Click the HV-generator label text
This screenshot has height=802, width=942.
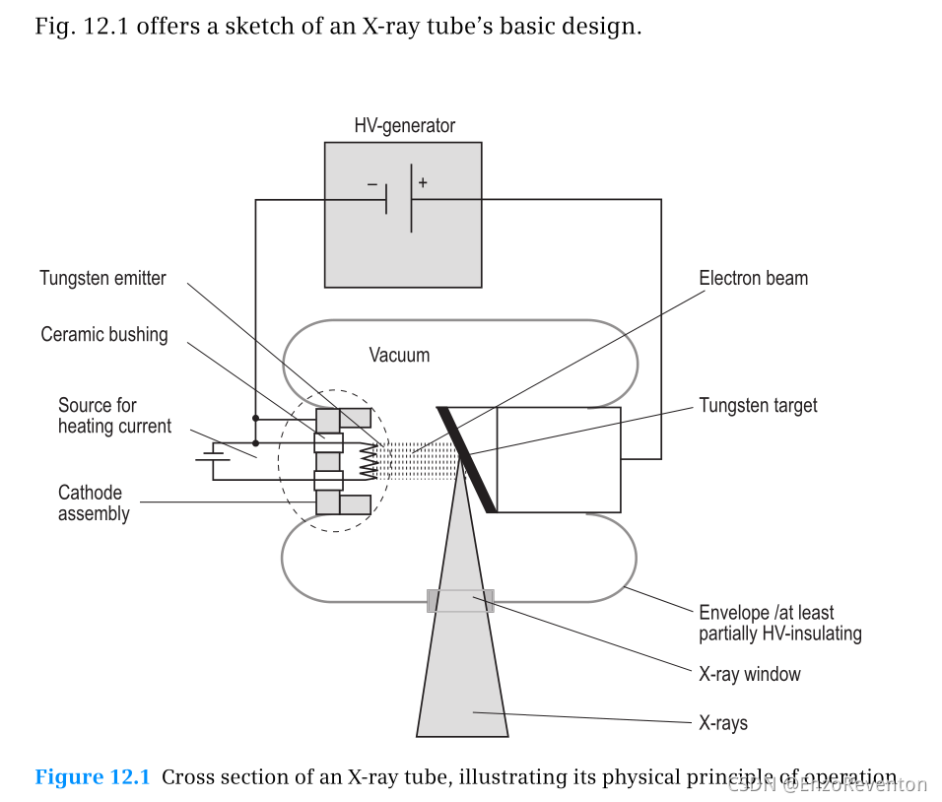point(404,126)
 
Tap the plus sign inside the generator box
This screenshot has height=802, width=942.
point(423,182)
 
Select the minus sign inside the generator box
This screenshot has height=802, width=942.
point(371,183)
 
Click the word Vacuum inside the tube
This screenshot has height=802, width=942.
point(399,355)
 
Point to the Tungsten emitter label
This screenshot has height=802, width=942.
point(102,279)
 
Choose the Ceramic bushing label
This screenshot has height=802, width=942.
point(104,335)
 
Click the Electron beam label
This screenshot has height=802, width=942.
point(753,279)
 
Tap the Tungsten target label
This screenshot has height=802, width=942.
point(758,405)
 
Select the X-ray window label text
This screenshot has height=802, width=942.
point(749,675)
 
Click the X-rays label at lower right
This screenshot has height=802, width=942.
point(723,723)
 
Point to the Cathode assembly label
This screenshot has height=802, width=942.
point(94,502)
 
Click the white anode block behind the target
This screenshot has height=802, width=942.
point(558,459)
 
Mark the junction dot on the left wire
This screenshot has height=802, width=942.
point(256,418)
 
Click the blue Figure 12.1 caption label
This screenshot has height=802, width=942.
point(93,777)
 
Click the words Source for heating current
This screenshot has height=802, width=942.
point(114,416)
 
